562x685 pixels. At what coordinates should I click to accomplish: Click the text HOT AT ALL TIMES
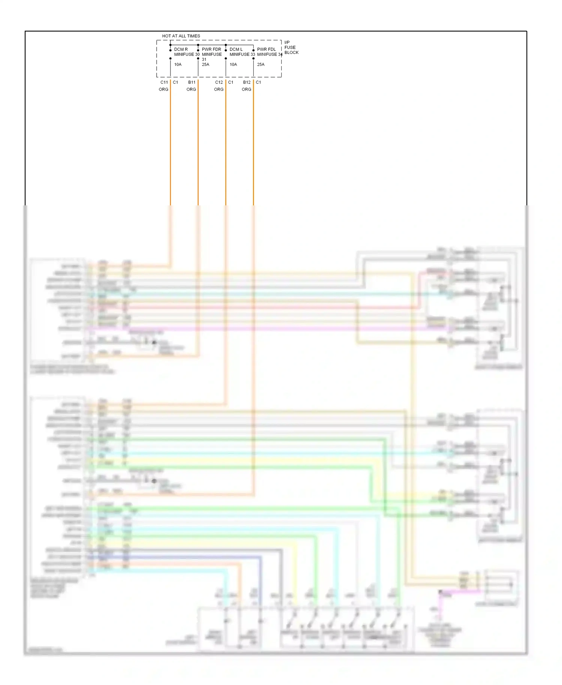coord(181,36)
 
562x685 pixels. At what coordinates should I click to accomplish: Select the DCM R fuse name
coord(181,49)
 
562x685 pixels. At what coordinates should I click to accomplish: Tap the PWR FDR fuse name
coord(211,49)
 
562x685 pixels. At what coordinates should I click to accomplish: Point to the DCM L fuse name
coord(236,49)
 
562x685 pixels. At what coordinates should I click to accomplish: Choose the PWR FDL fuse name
coord(266,49)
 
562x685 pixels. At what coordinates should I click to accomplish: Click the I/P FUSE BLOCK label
coord(291,47)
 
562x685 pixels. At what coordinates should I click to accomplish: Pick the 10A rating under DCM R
coord(178,64)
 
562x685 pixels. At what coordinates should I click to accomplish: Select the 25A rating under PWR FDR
coord(205,64)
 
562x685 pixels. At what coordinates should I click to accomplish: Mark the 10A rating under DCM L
coord(233,64)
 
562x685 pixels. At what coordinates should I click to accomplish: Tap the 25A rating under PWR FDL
coord(261,64)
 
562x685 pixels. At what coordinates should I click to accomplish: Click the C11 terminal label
coord(164,82)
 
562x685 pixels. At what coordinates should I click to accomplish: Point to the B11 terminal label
coord(192,82)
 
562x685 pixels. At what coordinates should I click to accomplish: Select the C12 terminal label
coord(219,82)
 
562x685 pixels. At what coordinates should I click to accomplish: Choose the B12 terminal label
coord(247,82)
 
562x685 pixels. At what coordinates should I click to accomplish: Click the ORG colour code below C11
coord(163,89)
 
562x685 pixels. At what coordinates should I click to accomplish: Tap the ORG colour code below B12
coord(247,89)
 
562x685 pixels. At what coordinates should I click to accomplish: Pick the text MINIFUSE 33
coord(242,54)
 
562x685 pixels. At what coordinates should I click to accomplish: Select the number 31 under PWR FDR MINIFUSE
coord(204,59)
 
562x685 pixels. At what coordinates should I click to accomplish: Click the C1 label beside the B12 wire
coord(259,82)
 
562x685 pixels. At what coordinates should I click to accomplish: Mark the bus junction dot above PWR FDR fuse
coord(198,45)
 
